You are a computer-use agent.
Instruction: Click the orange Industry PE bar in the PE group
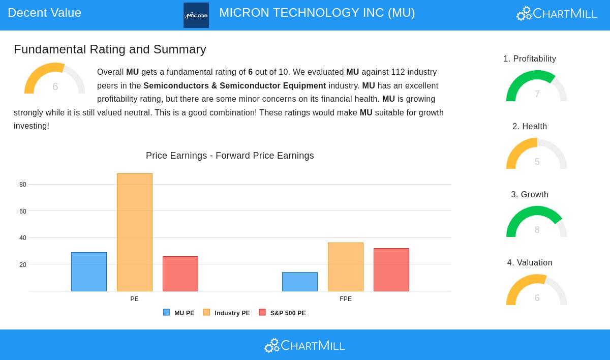(x=135, y=232)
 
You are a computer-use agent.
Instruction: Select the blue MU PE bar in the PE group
(x=89, y=272)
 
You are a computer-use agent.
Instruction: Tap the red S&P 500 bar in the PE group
(x=180, y=274)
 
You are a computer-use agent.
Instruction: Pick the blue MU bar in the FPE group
(x=300, y=282)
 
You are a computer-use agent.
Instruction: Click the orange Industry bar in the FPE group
(x=346, y=267)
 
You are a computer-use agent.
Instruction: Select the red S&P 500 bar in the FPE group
(x=391, y=269)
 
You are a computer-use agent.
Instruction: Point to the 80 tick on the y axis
(x=23, y=185)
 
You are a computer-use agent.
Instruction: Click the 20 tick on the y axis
(x=23, y=265)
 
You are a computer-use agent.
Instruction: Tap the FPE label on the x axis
(x=346, y=299)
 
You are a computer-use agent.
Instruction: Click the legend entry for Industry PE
(x=227, y=313)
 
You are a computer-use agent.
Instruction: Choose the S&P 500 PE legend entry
(x=283, y=313)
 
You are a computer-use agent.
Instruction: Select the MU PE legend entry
(x=179, y=313)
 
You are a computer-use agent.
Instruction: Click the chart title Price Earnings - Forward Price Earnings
(x=230, y=156)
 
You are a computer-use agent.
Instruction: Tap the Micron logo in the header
(x=196, y=15)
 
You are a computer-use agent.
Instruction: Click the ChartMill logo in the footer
(x=304, y=345)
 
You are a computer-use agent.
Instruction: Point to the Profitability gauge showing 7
(x=537, y=87)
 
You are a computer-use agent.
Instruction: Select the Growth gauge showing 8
(x=537, y=223)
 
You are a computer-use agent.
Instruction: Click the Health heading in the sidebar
(x=530, y=127)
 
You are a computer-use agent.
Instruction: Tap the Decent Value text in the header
(x=45, y=13)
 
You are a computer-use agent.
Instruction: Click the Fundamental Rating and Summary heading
(x=110, y=49)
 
